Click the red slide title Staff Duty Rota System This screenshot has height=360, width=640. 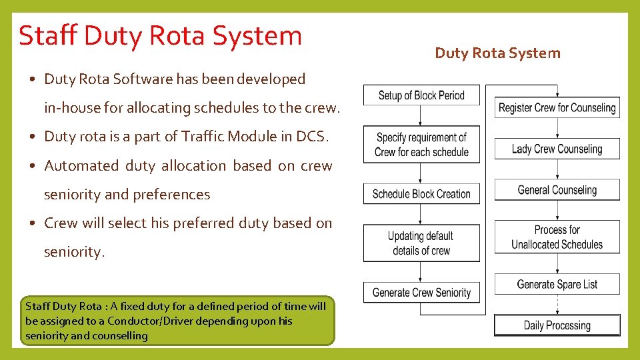pos(161,36)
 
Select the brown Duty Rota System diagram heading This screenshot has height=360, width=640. pos(497,53)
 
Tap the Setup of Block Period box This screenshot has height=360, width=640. pos(421,95)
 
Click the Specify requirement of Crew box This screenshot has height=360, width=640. pos(421,145)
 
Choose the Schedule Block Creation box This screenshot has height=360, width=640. pos(421,194)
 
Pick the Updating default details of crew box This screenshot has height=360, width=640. pos(421,243)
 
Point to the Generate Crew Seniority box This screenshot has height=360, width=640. pos(421,292)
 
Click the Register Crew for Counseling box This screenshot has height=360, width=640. pos(557,107)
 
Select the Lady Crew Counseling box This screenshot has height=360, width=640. pos(557,149)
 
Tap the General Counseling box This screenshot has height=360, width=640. pos(557,190)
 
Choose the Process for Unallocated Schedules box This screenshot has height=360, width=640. pos(557,237)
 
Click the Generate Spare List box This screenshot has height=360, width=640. pos(557,285)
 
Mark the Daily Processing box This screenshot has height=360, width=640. pos(557,325)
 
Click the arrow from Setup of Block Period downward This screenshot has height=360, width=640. pos(421,115)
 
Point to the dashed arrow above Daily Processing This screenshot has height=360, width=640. pos(557,305)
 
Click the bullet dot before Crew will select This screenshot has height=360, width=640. pos(32,223)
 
